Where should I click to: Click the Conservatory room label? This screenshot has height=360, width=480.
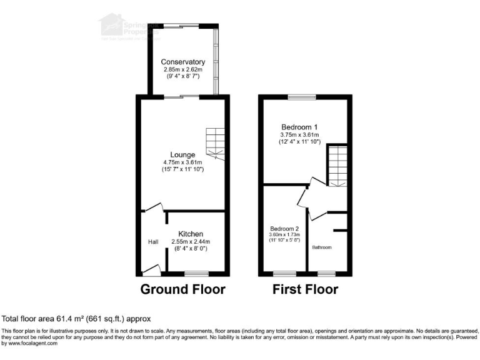[182, 62]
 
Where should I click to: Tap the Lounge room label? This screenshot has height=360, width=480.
[182, 154]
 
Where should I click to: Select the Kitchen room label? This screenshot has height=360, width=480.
[191, 234]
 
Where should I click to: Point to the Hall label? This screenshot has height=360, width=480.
[153, 242]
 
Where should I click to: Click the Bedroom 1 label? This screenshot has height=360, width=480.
[299, 126]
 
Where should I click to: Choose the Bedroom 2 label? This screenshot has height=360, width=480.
[285, 228]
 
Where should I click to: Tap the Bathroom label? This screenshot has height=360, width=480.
[322, 247]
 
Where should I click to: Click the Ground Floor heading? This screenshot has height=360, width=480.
[182, 289]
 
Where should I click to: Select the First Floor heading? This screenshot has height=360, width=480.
[305, 289]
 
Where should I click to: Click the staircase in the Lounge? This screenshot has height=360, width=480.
[214, 142]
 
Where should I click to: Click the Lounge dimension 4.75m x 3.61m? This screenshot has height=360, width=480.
[182, 162]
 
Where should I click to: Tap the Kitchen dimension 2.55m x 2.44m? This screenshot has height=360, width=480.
[191, 242]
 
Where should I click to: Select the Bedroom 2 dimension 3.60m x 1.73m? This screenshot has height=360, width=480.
[285, 235]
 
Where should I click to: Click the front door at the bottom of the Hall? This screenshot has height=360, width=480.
[151, 269]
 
